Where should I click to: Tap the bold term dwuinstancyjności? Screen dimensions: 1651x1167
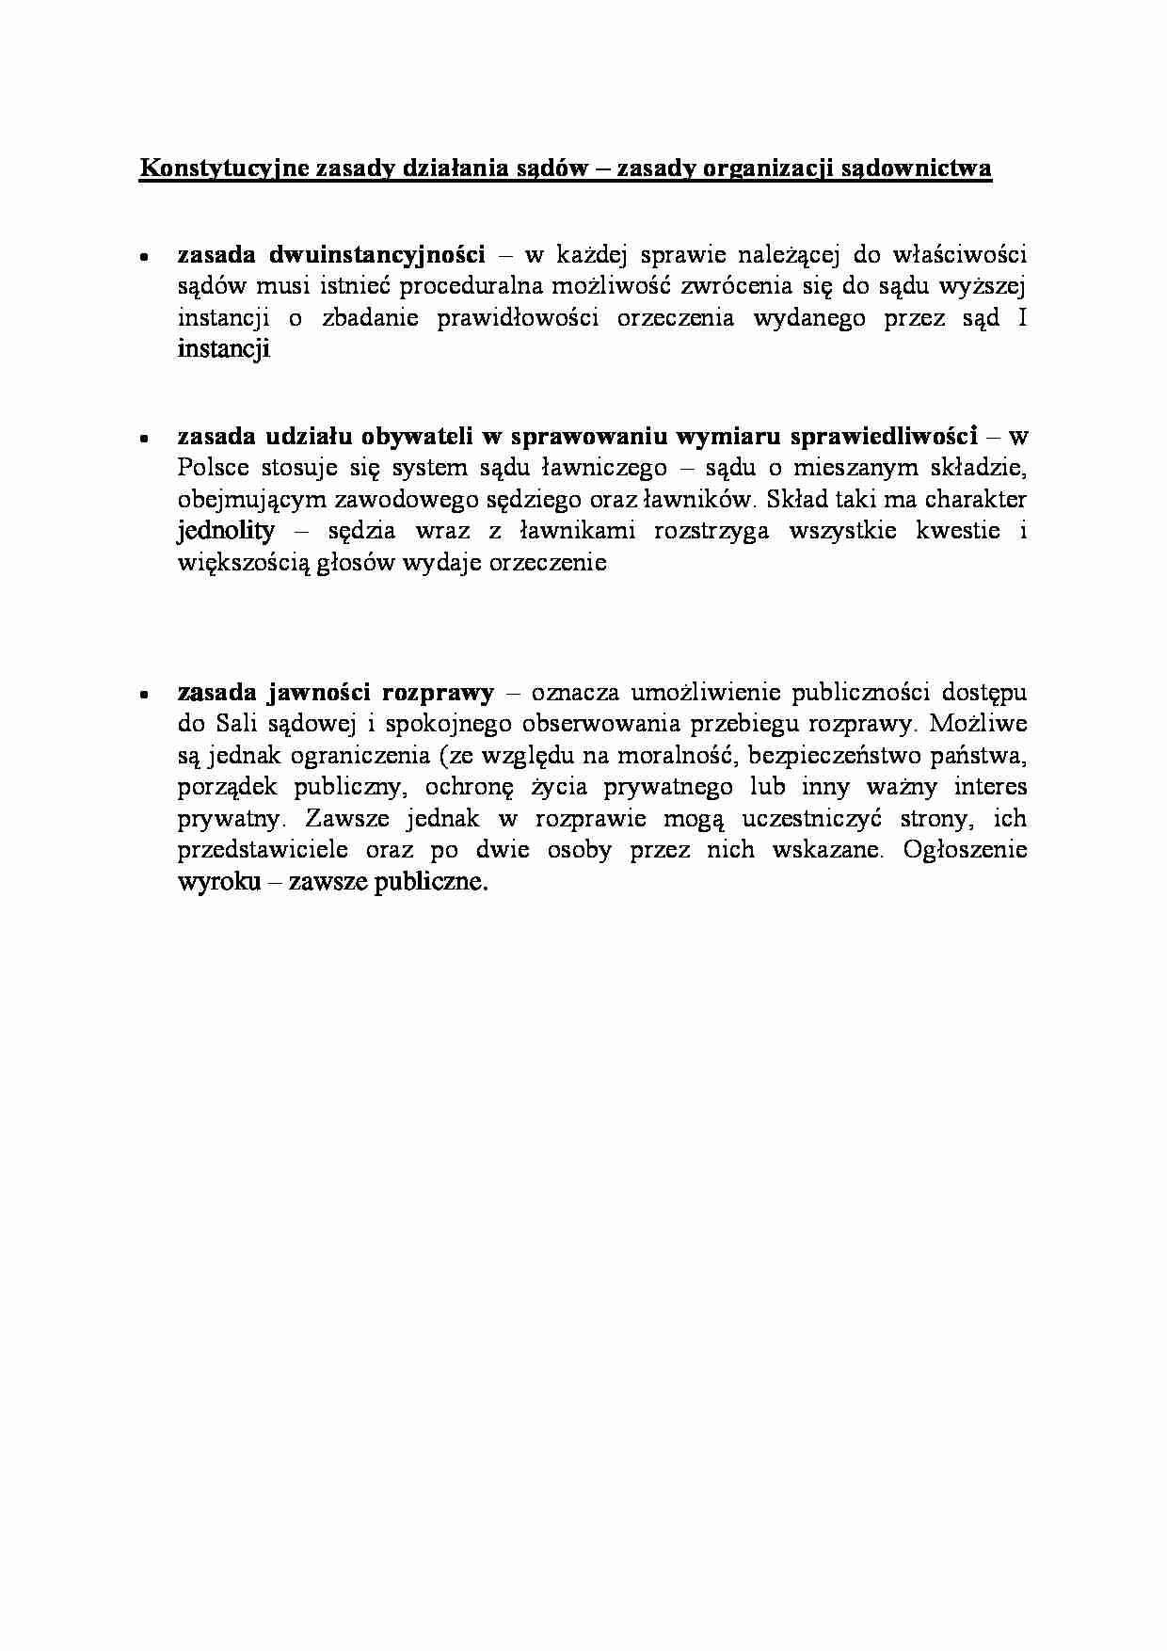[x=377, y=255]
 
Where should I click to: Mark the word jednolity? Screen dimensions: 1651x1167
[x=226, y=531]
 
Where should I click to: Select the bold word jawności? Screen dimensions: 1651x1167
[x=321, y=694]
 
